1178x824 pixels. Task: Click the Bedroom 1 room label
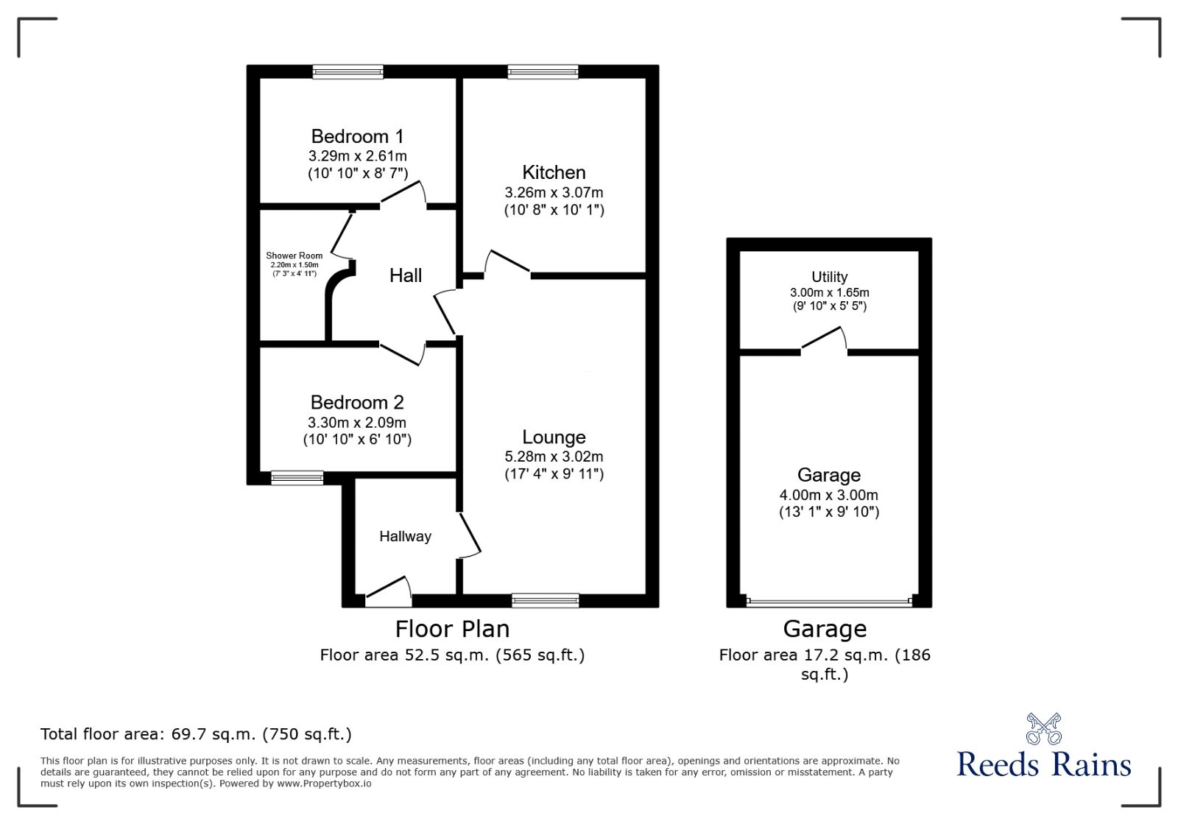coord(357,137)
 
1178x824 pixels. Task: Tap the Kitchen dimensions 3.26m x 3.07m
coord(554,193)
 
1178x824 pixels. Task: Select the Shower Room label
coord(294,256)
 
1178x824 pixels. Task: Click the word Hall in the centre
coord(405,275)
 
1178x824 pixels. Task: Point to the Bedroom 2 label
coord(357,403)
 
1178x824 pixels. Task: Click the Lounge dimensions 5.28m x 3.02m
coord(554,457)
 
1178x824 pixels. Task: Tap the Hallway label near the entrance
coord(405,537)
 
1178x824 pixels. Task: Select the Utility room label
coord(829,277)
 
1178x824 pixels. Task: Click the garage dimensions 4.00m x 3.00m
coord(829,496)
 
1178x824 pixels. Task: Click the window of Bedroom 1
coord(348,71)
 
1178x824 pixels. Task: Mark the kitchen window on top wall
coord(543,71)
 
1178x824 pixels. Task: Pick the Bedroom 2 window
coord(297,478)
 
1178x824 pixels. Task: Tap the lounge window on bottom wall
coord(546,601)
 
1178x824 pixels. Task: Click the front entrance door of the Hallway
coord(388,590)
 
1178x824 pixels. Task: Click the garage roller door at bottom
coord(829,602)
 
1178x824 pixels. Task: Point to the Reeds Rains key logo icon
coord(1043,729)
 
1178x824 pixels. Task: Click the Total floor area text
coord(196,734)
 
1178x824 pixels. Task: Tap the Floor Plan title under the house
coord(452,629)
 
